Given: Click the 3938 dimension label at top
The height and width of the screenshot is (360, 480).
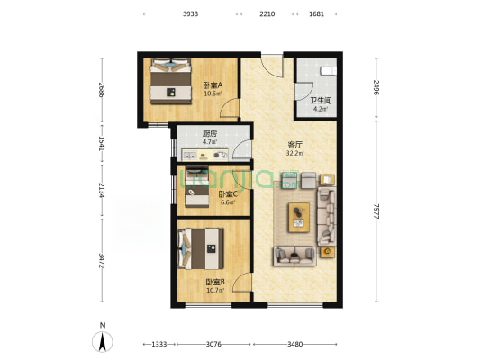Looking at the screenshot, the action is coord(190,14).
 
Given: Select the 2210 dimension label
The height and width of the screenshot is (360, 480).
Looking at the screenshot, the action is coord(267,14).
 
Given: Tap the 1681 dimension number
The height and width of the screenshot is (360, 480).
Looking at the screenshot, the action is coord(316,14).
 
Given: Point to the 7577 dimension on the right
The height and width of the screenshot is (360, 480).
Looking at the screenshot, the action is coord(376,211).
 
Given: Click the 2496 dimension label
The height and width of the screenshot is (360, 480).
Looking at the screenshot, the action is coord(376,88).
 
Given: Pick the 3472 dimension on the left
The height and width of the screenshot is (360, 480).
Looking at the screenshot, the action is coord(102,261).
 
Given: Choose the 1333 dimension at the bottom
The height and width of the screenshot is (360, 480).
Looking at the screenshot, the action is coord(159,345).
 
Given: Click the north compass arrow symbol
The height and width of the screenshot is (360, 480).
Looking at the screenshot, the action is coord(103,341).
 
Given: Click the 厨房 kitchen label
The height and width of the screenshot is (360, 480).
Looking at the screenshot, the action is coord(210,134).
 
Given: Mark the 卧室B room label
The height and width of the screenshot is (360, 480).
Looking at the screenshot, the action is coord(215,282).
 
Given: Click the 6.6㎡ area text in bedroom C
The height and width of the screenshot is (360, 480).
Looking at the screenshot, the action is coord(228,202).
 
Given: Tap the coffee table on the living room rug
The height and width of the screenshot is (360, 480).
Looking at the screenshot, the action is coord(299,218).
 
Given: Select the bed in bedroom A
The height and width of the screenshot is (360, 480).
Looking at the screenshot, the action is coord(170,81).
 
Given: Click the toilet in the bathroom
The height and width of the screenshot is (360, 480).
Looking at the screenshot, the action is coord(328,70).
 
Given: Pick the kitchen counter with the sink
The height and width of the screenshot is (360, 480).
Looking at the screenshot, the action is coord(204,155).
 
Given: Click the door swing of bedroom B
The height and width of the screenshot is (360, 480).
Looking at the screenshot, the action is coord(242,282).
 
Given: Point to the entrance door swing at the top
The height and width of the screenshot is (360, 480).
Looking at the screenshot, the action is coord(272,66).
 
